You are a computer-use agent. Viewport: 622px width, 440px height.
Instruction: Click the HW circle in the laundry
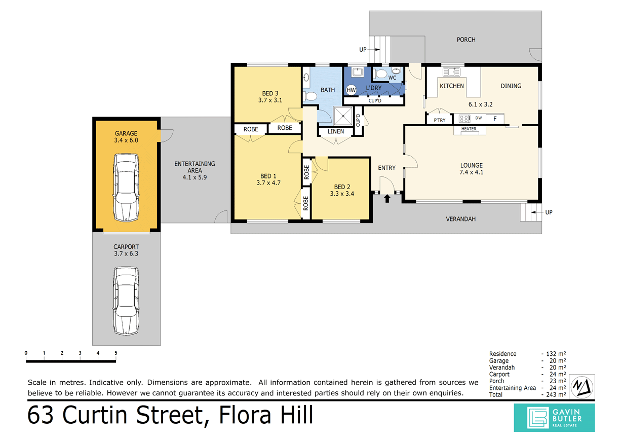351,90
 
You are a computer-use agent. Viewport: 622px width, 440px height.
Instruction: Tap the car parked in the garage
126,188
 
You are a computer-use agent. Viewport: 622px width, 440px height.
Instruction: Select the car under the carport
126,301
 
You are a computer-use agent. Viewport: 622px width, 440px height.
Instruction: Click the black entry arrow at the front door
387,199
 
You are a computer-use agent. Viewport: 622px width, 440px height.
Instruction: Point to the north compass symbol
582,387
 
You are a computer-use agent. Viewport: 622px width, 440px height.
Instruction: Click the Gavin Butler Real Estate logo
554,418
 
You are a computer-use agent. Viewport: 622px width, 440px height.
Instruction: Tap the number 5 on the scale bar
116,353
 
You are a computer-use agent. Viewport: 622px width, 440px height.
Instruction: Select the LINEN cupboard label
336,131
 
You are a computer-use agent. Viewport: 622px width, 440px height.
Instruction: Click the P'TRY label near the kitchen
439,120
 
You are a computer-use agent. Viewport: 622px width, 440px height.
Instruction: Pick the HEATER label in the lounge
469,129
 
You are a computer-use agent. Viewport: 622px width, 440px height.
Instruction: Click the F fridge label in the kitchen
495,119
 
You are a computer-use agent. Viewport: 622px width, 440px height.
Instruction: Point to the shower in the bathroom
343,116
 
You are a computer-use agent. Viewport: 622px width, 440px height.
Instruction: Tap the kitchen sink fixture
451,72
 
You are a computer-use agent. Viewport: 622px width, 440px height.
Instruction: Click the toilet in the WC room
379,74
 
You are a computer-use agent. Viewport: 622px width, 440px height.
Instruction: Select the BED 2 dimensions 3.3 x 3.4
342,194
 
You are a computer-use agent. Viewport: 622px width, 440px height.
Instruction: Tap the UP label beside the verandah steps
549,212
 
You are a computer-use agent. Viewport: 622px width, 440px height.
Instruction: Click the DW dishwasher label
479,118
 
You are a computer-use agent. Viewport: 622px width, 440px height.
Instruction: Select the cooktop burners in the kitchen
464,119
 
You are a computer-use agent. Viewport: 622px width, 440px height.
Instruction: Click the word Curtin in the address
94,415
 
